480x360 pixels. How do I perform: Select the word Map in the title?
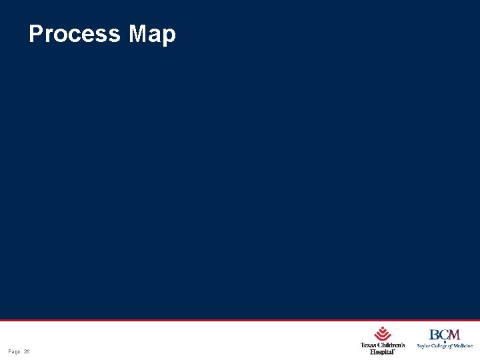click(152, 33)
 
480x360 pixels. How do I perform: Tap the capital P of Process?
click(35, 33)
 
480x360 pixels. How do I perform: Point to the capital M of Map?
click(139, 33)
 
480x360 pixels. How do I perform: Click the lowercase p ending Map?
click(169, 36)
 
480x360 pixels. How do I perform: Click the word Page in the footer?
click(14, 351)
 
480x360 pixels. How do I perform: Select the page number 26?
click(27, 351)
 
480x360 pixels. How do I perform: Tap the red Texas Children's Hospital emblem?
click(382, 333)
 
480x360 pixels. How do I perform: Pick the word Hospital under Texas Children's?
click(382, 351)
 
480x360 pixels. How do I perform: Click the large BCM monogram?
click(445, 335)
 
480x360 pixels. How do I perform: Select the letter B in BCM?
click(434, 335)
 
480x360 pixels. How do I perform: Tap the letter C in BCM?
click(443, 335)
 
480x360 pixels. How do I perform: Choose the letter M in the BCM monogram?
click(454, 335)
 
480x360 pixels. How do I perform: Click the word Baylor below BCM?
click(424, 346)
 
